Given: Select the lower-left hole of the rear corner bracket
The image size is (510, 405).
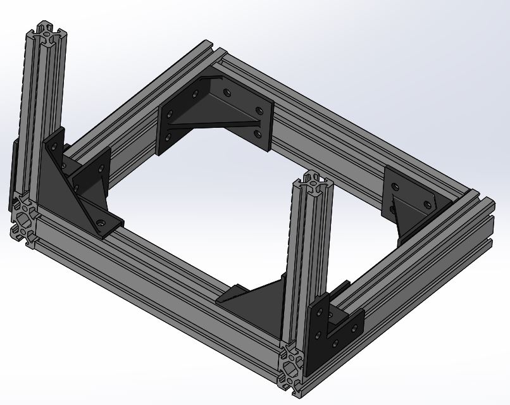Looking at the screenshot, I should pos(168,135).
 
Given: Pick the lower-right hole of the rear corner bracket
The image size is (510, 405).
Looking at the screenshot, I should pos(257,134).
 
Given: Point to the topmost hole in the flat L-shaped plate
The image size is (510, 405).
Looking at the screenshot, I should pos(329,312).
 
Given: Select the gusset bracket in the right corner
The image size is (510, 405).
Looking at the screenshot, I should pos(411,202).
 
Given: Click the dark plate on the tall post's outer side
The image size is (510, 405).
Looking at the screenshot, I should pos(14,171).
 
